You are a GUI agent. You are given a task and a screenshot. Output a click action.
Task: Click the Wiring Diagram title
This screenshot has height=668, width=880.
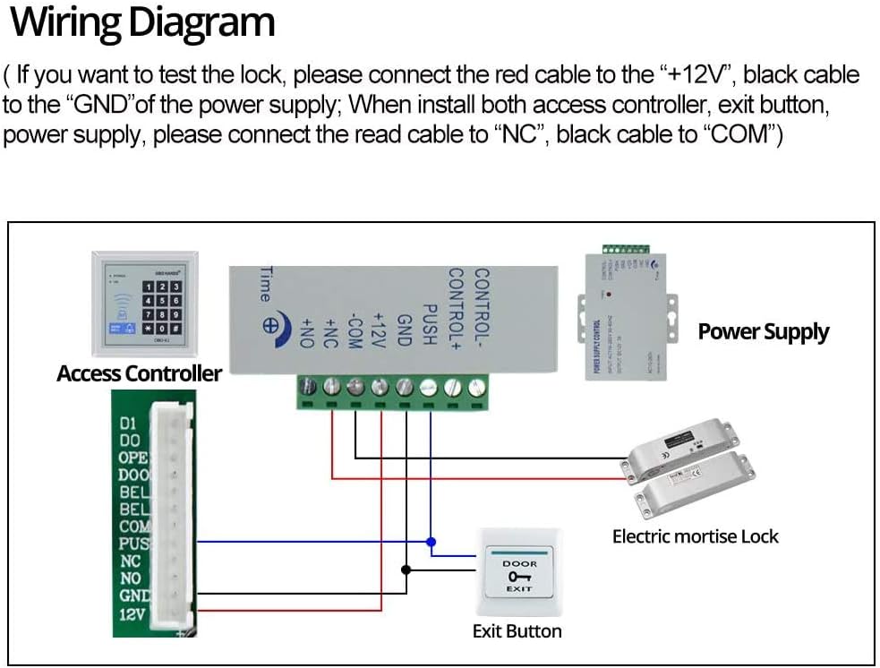click(x=141, y=23)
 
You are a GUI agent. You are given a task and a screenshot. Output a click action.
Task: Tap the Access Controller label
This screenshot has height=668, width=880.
click(x=139, y=373)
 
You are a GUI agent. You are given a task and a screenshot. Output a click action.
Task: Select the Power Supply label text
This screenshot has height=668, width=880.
click(x=763, y=332)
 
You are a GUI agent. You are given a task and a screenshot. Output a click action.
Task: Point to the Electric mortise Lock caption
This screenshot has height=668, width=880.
click(x=695, y=536)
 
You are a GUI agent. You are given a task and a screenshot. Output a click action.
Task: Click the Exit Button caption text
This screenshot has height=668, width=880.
click(x=517, y=631)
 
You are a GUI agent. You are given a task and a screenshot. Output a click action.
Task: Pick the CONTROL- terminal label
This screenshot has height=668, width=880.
click(x=481, y=301)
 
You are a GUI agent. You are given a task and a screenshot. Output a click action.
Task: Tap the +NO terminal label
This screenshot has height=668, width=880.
click(x=307, y=333)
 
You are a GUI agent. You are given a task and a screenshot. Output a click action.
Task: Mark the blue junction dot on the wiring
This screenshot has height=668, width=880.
click(x=431, y=542)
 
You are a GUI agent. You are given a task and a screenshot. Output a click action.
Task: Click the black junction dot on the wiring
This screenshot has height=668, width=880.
click(x=406, y=569)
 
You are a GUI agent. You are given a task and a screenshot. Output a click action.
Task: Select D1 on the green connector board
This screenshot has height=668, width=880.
click(x=128, y=423)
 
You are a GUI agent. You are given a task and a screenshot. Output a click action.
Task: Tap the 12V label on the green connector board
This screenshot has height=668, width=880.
click(x=132, y=614)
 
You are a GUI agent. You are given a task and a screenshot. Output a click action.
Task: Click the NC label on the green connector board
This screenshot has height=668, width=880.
click(x=130, y=561)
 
